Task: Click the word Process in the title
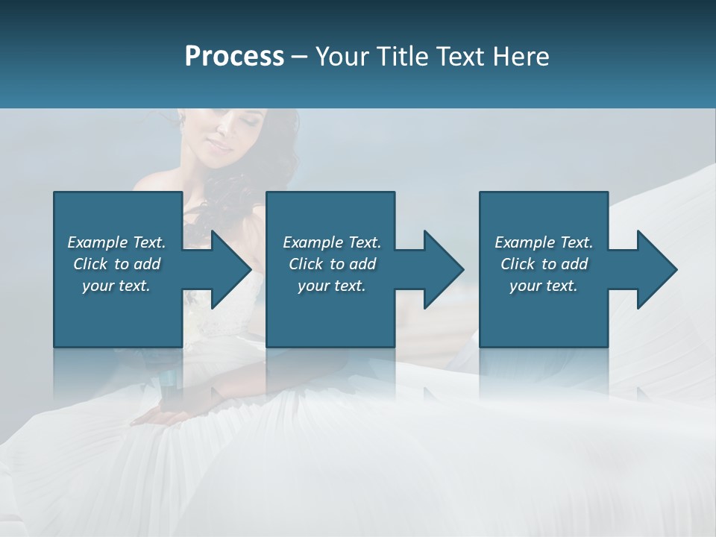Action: point(234,57)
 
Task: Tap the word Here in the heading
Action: point(521,57)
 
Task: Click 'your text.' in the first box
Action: point(116,286)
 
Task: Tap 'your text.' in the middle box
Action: point(331,286)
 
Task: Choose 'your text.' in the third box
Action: point(544,286)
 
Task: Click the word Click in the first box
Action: point(90,264)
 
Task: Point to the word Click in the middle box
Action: point(306,264)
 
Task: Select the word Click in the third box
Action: point(518,264)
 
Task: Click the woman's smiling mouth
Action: point(222,147)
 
